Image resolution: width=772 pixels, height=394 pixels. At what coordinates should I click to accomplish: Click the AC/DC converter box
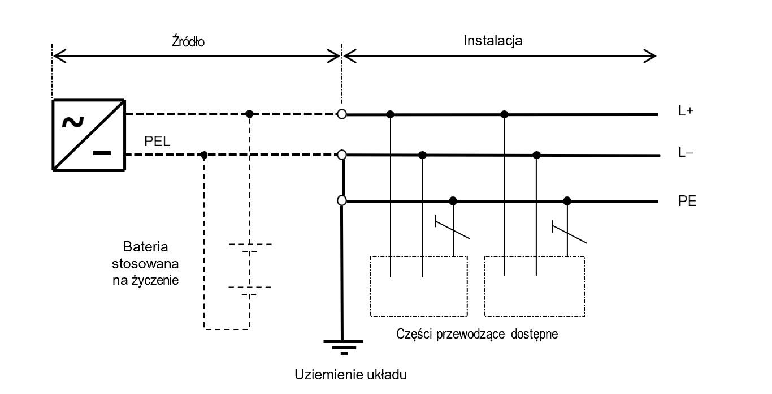[x=89, y=134]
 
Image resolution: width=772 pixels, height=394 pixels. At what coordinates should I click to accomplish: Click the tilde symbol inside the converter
[x=72, y=121]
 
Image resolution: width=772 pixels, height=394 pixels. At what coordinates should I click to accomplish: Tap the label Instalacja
[x=493, y=41]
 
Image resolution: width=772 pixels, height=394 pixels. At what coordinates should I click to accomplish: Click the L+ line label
[x=686, y=112]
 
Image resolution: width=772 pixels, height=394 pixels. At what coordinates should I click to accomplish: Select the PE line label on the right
[x=687, y=201]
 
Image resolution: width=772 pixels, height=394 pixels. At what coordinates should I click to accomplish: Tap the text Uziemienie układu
[x=350, y=375]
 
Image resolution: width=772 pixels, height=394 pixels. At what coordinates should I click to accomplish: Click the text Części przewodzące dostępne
[x=478, y=334]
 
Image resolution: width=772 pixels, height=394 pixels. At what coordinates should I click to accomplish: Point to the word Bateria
[x=147, y=248]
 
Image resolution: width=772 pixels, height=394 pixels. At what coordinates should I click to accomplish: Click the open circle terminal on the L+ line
[x=341, y=114]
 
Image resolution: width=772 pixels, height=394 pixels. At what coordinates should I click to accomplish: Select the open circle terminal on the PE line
[x=341, y=200]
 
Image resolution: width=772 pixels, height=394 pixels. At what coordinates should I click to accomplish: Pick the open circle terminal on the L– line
[x=341, y=155]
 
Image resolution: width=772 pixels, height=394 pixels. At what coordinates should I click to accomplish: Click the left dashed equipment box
[x=418, y=286]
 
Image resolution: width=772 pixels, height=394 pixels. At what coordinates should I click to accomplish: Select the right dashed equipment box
[x=535, y=286]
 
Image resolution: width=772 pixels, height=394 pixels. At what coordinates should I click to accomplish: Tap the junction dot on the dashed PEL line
[x=204, y=155]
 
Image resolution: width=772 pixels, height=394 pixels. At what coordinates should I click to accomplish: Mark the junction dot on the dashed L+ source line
[x=250, y=114]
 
